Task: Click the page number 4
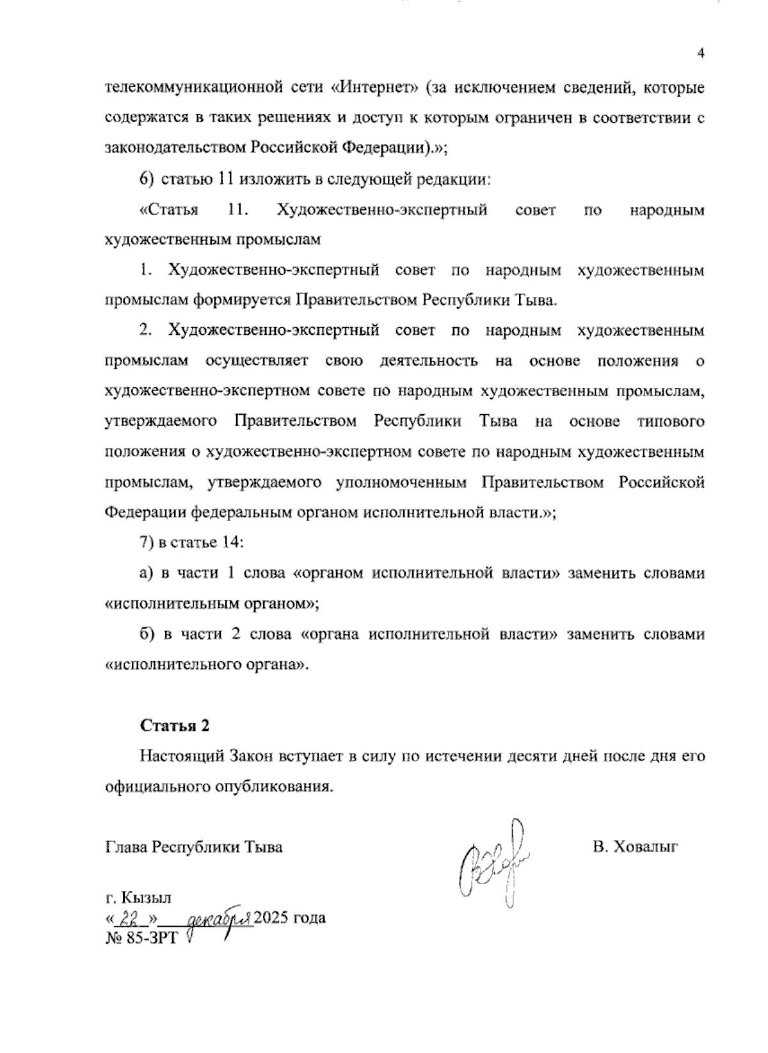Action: [701, 54]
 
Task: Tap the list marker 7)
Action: [147, 543]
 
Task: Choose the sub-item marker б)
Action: [147, 634]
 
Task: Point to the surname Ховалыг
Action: [645, 848]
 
